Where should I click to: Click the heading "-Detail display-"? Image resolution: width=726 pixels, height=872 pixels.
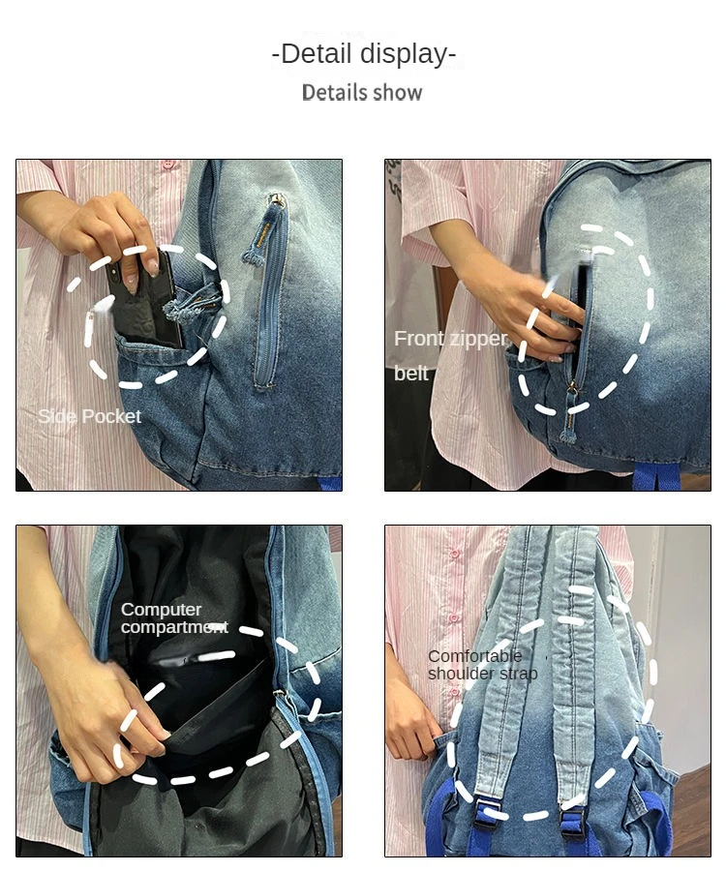(364, 54)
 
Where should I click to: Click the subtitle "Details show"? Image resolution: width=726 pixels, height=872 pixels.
(362, 93)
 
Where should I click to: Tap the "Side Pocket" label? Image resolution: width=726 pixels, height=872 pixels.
(90, 416)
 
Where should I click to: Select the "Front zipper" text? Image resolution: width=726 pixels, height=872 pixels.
(451, 339)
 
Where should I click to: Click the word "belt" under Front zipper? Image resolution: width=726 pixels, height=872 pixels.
(411, 374)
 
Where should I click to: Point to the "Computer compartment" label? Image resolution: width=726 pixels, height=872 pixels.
(174, 617)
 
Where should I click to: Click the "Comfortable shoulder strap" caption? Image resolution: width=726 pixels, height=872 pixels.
(482, 665)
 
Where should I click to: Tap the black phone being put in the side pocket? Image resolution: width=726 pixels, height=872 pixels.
(146, 303)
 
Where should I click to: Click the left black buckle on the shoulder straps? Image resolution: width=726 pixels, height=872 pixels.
(485, 819)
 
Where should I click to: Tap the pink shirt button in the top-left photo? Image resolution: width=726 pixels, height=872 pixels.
(169, 165)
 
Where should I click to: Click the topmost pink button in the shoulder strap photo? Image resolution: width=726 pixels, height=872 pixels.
(455, 554)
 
